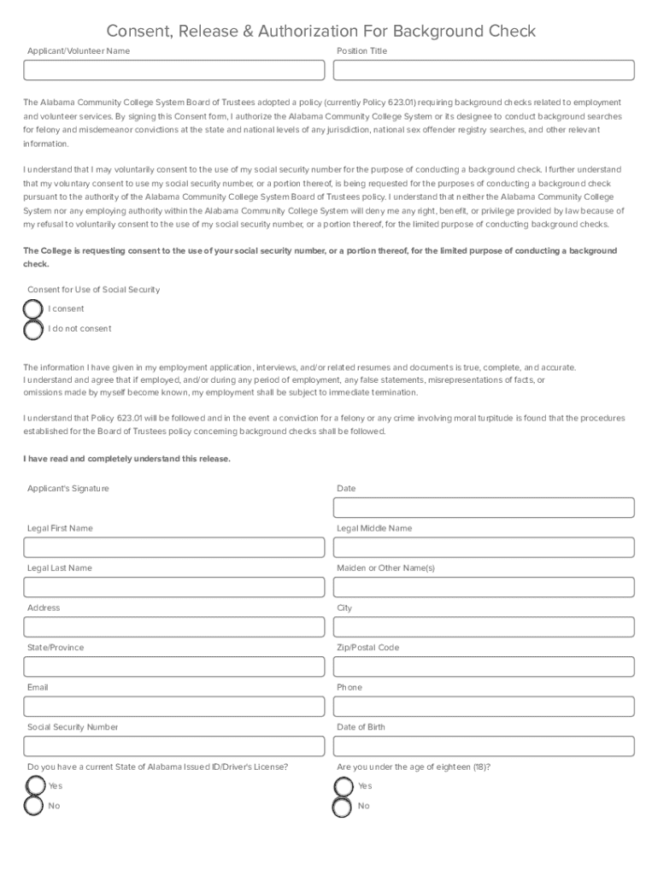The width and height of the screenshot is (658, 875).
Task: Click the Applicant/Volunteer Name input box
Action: tap(174, 70)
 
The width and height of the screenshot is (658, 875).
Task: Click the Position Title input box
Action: tap(484, 70)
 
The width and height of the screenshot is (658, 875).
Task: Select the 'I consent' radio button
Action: tap(33, 309)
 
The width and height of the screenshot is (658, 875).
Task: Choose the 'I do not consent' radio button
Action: tap(33, 329)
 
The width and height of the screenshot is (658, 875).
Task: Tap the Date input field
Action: tap(484, 508)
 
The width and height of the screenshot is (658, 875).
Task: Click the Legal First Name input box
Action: tap(174, 548)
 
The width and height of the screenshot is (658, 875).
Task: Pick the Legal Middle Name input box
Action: tap(484, 548)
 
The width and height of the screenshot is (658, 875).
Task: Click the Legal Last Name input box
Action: tap(174, 587)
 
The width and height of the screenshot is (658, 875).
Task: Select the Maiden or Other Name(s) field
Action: tap(484, 587)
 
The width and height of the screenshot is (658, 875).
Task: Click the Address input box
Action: tap(174, 627)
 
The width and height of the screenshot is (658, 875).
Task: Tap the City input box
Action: tap(484, 627)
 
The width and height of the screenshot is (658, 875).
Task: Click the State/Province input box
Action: tap(174, 667)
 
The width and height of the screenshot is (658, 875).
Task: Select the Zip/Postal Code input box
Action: tap(484, 667)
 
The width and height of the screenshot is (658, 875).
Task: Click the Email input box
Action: tap(174, 707)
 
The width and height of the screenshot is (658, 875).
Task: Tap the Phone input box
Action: tap(484, 707)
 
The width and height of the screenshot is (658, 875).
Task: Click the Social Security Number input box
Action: tap(174, 746)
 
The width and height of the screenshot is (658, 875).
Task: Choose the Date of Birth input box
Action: tap(484, 746)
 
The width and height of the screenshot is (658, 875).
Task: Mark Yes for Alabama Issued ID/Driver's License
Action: tap(35, 786)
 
